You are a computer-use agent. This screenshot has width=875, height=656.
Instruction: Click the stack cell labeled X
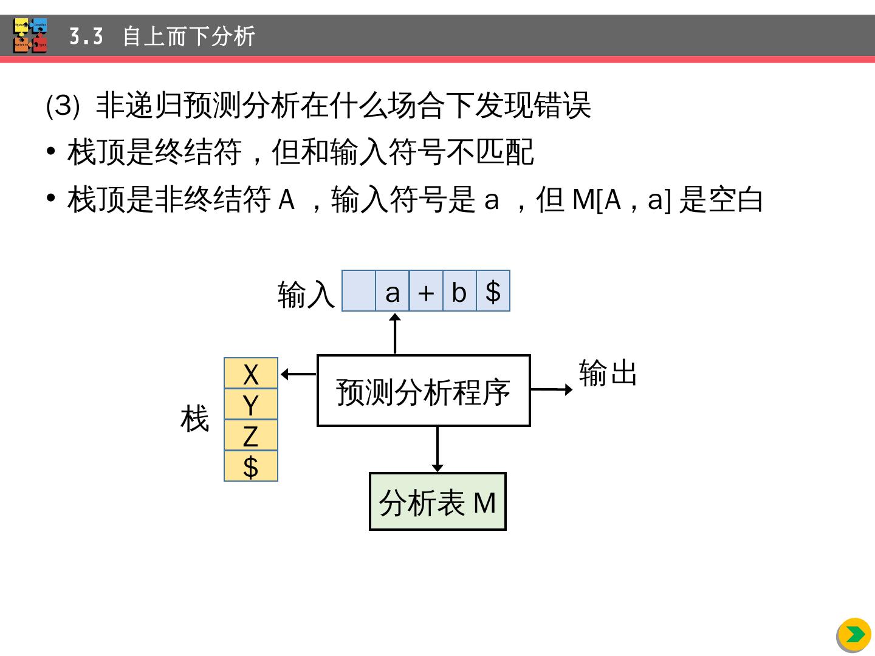[x=251, y=374]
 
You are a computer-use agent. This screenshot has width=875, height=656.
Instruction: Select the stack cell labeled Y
[x=251, y=405]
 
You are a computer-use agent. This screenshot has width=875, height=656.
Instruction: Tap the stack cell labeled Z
[x=251, y=436]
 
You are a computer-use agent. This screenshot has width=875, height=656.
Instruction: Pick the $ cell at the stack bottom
[x=251, y=466]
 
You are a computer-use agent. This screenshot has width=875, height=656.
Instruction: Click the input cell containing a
[x=393, y=292]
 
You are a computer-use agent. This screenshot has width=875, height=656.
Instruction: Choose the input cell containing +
[x=426, y=292]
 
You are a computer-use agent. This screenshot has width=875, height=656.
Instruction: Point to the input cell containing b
[x=459, y=292]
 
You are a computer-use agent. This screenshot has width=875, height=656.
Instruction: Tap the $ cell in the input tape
[x=493, y=292]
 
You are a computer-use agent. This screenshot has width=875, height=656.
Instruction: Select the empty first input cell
[x=359, y=292]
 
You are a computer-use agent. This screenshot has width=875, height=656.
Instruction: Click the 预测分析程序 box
[x=424, y=391]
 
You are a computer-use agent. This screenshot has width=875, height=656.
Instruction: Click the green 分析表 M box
[x=437, y=502]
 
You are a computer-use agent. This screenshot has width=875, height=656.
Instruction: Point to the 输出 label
[x=608, y=372]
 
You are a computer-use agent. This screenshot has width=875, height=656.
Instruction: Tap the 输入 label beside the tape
[x=306, y=295]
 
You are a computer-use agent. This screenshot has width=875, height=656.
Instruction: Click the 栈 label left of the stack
[x=195, y=419]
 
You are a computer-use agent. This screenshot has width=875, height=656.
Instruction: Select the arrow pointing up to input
[x=395, y=333]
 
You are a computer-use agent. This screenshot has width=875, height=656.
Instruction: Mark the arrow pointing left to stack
[x=298, y=374]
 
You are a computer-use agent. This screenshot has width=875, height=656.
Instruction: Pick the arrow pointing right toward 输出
[x=551, y=389]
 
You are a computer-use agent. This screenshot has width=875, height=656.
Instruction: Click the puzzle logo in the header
[x=30, y=35]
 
